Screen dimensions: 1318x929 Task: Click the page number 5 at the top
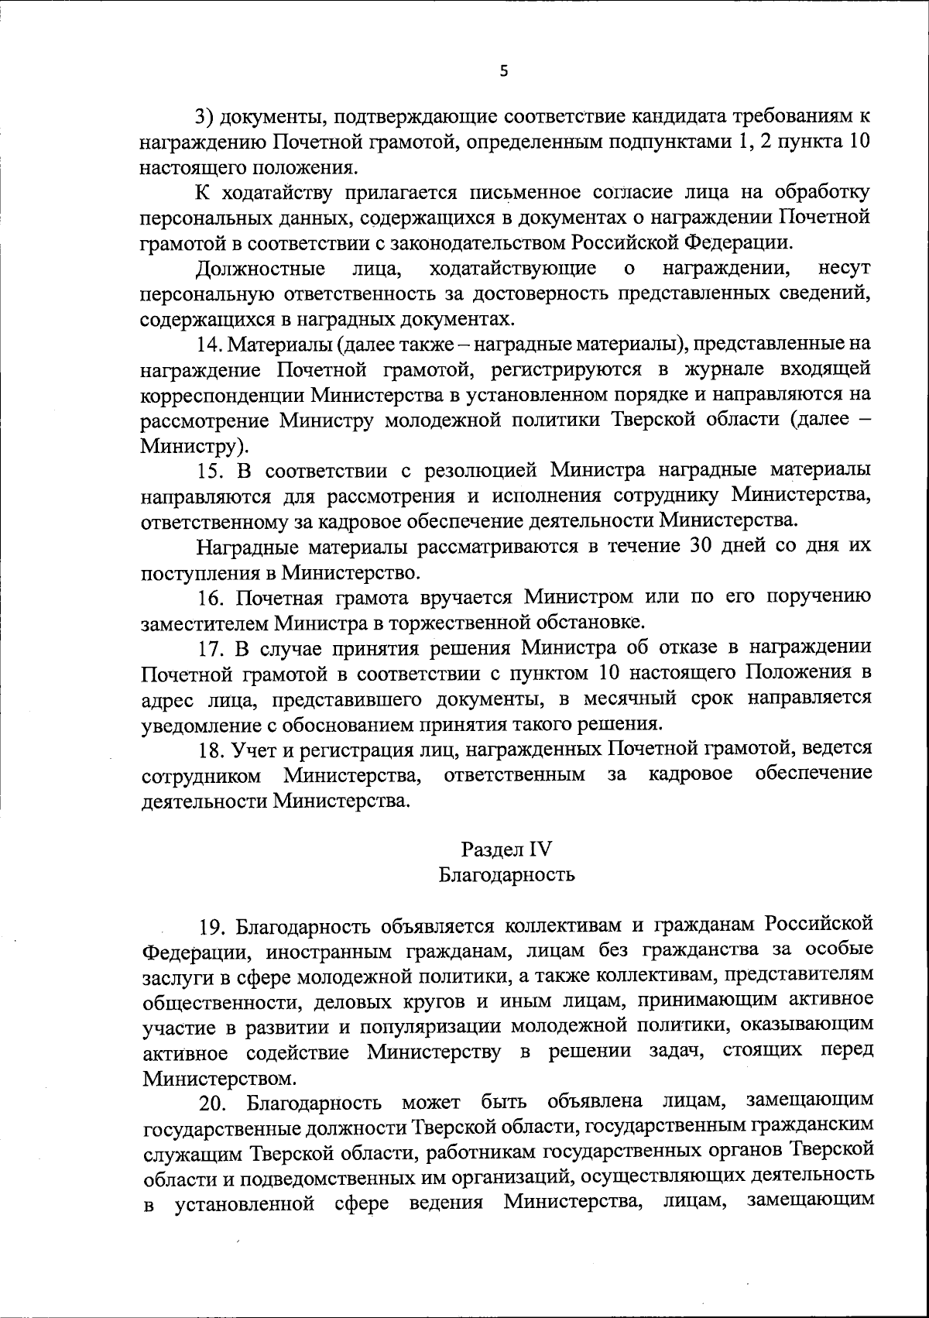tap(504, 71)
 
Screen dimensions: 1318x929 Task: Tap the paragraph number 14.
tap(208, 343)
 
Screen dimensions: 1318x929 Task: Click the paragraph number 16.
tap(210, 596)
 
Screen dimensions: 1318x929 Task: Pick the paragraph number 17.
tap(210, 647)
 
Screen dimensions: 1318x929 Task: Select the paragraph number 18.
tap(210, 748)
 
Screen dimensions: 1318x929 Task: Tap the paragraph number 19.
tap(213, 925)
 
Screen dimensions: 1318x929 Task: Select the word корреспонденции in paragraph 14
tap(221, 395)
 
